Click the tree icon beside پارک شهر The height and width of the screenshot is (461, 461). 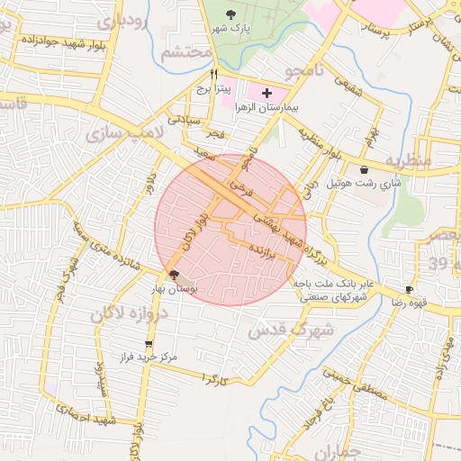coord(232,14)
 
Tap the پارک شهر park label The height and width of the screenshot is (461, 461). coord(232,29)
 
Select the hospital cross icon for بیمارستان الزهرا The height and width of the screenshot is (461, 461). coord(267,93)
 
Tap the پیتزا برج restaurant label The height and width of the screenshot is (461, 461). coord(216,90)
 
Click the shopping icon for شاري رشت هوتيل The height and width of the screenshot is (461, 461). coord(363,169)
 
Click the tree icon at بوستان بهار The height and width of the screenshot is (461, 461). coord(173,275)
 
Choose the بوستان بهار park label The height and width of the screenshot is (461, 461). coord(174,289)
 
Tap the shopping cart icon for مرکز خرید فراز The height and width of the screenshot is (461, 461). coord(149,344)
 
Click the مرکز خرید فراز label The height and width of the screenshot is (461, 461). coord(149,357)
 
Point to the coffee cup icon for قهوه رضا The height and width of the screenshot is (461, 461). coord(411,289)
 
